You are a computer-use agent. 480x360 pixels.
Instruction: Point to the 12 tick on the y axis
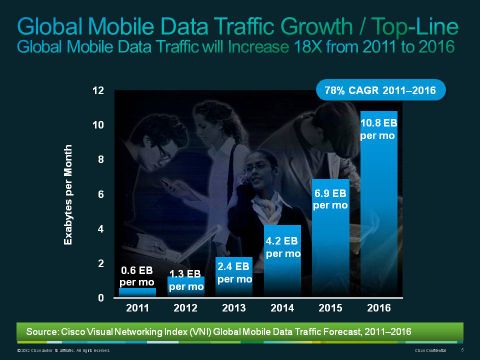[98, 91]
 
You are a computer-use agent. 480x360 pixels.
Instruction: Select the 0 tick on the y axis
[100, 298]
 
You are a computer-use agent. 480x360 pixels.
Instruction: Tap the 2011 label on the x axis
[136, 310]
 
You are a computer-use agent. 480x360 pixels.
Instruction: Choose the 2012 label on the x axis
[185, 310]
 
